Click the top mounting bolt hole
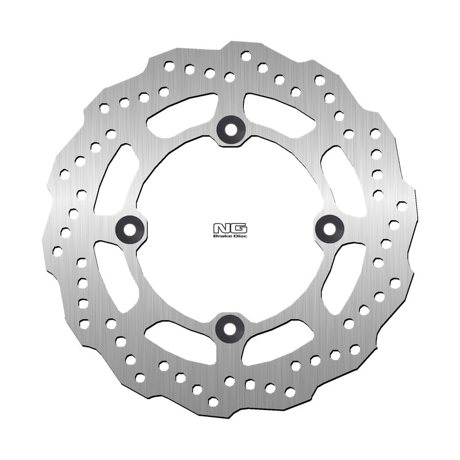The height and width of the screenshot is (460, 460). pyautogui.click(x=231, y=129)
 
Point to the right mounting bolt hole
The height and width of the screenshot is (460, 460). pyautogui.click(x=330, y=228)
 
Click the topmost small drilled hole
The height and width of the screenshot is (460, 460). pyautogui.click(x=246, y=56)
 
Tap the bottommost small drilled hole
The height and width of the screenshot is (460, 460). pyautogui.click(x=214, y=401)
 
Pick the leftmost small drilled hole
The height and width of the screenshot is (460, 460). pyautogui.click(x=57, y=251)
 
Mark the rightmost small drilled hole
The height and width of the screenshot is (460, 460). pyautogui.click(x=402, y=205)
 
